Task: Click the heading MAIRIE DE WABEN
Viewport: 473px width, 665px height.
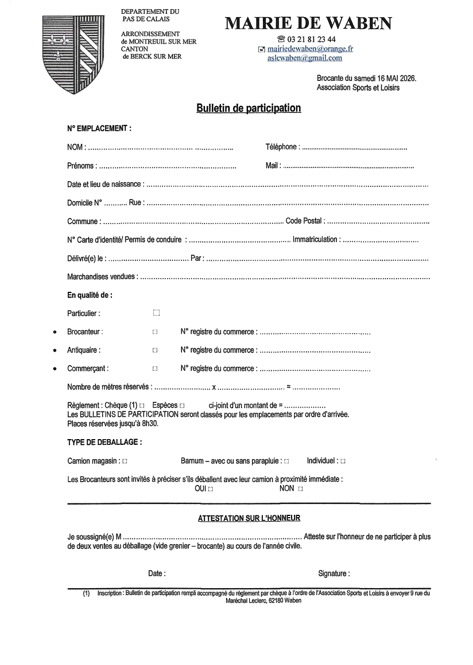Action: (x=309, y=24)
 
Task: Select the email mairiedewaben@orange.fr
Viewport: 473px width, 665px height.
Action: (x=310, y=49)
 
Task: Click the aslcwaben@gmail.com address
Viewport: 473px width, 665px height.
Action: (x=304, y=58)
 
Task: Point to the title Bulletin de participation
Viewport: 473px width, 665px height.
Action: (x=249, y=108)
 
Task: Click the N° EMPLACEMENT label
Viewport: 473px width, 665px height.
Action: (x=99, y=128)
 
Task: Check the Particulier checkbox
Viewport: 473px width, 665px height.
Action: (x=156, y=313)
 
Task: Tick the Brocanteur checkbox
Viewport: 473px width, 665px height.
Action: (x=155, y=332)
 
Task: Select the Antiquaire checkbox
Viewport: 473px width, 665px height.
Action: (x=155, y=350)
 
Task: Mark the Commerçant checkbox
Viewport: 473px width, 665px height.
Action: (x=155, y=369)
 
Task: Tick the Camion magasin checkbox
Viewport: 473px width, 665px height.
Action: (x=125, y=461)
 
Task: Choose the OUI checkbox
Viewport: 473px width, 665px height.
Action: (x=211, y=489)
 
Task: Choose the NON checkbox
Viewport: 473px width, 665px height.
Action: (x=300, y=489)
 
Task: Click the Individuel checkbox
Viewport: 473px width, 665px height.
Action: (x=343, y=461)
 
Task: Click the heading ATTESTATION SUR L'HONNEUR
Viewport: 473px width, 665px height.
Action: (x=249, y=518)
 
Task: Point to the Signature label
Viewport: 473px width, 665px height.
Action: (x=334, y=573)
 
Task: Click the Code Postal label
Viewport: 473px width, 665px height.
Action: (x=304, y=221)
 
